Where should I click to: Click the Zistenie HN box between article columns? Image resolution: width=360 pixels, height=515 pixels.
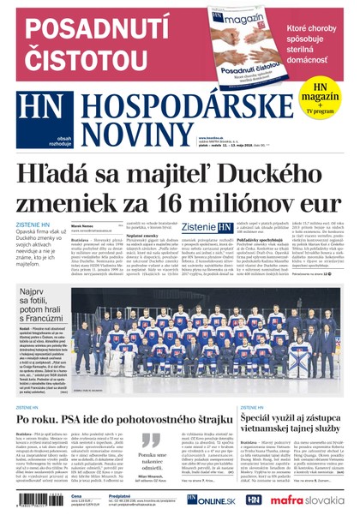click(205, 227)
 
